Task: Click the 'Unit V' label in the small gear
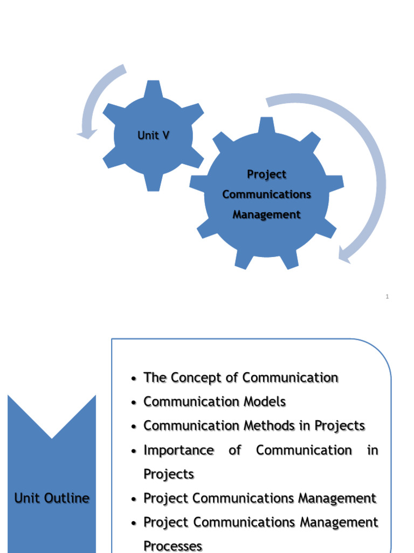coord(153,135)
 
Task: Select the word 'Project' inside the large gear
coord(266,174)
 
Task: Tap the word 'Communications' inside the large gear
coord(266,194)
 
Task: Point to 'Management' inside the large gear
coord(266,214)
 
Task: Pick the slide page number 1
coord(387,296)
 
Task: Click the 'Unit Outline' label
coord(52,498)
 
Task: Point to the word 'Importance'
coord(178,450)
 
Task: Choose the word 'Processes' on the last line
coord(172,546)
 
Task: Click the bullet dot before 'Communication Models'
coord(133,403)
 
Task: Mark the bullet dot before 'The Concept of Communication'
coord(133,379)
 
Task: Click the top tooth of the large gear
coord(266,125)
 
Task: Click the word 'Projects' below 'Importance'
coord(168,474)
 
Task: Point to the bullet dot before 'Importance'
coord(133,451)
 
